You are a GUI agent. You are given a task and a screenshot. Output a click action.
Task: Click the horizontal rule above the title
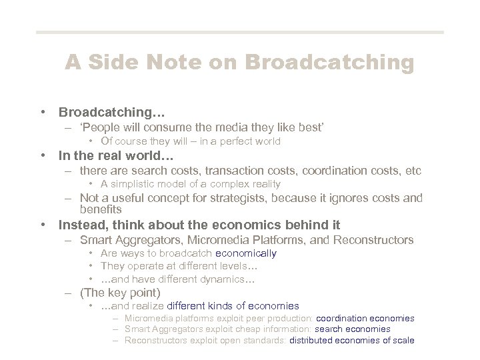pyautogui.click(x=239, y=32)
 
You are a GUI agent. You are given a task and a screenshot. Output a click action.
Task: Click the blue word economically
pyautogui.click(x=245, y=253)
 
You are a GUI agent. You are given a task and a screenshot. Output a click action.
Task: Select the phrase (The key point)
pyautogui.click(x=120, y=292)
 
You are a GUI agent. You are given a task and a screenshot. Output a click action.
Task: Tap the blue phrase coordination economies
pyautogui.click(x=365, y=319)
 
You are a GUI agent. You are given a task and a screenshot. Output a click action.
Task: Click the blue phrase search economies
pyautogui.click(x=352, y=329)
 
